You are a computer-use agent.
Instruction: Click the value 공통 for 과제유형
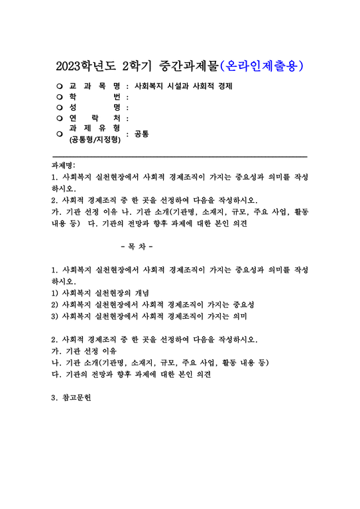(141, 134)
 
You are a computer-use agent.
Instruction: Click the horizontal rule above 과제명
(179, 156)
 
